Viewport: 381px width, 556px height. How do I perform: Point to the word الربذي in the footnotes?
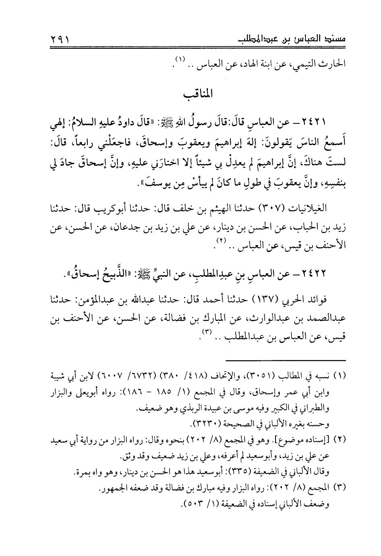pyautogui.click(x=185, y=409)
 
